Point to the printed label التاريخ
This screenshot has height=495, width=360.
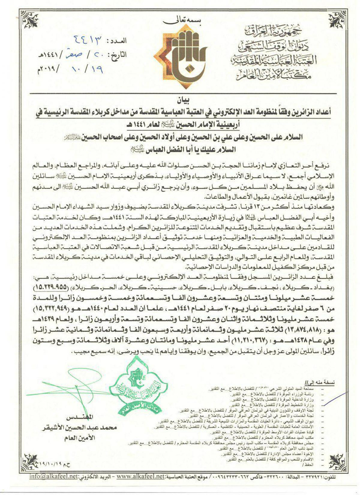(x=120, y=53)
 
